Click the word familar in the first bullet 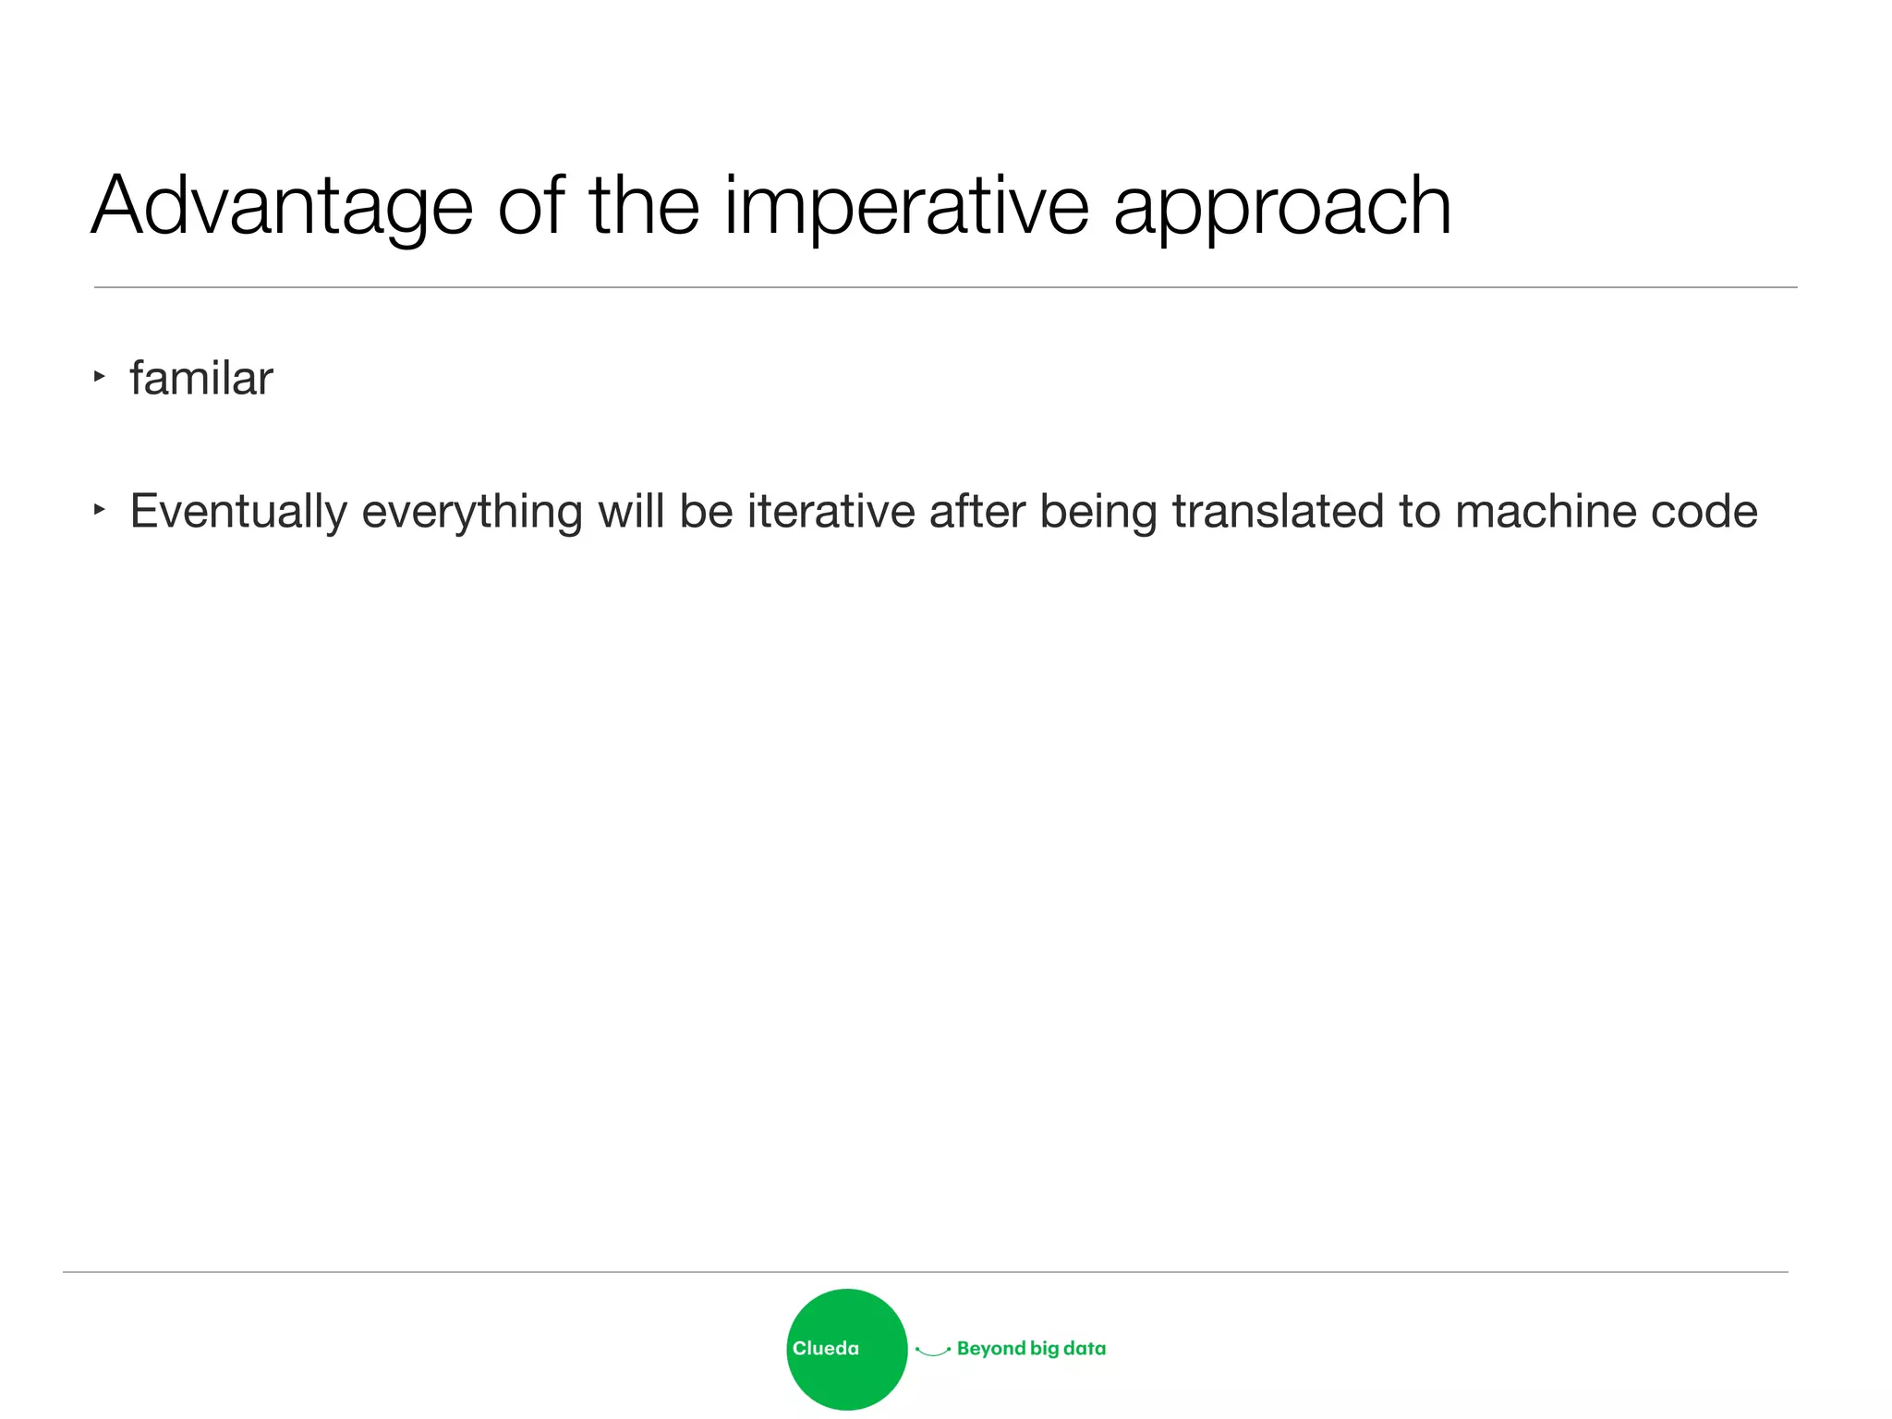tap(201, 379)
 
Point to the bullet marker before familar tap(100, 376)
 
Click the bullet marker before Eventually tap(100, 509)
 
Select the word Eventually tap(238, 512)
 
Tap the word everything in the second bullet tap(472, 512)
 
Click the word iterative tap(831, 511)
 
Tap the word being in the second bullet tap(1098, 512)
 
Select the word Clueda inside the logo tap(825, 1349)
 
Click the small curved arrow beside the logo tap(933, 1352)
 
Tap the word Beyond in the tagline tap(990, 1349)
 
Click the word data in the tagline tap(1085, 1349)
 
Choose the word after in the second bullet tap(976, 511)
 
